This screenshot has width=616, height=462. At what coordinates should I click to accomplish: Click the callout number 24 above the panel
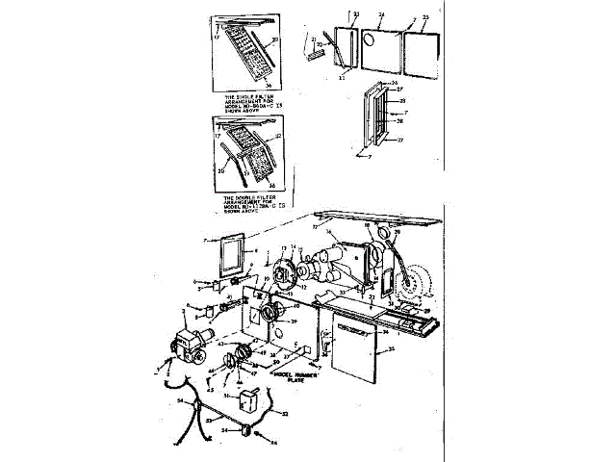[381, 15]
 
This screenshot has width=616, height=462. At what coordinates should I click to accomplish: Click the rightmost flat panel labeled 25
[420, 45]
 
